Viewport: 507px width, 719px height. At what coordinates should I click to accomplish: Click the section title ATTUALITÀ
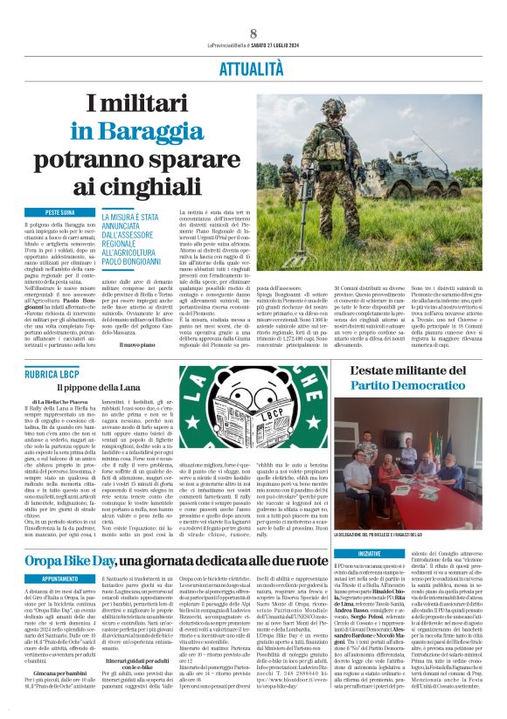(x=253, y=66)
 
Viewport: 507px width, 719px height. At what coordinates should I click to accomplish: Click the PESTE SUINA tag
(x=64, y=212)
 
